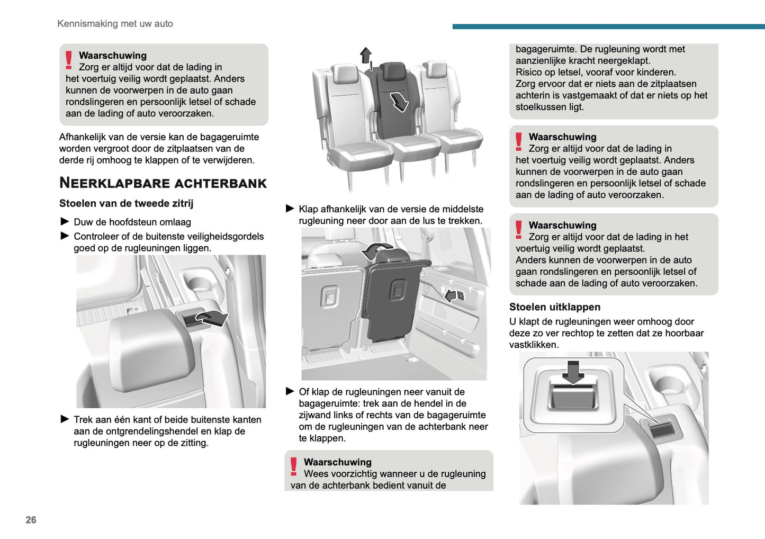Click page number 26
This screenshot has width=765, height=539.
click(31, 520)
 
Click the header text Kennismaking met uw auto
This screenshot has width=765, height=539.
click(115, 23)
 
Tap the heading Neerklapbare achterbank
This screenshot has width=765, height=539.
click(163, 183)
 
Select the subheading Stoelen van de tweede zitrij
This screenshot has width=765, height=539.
click(126, 203)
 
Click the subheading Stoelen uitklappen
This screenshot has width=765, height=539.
click(554, 307)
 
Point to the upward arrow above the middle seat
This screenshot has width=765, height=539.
click(366, 55)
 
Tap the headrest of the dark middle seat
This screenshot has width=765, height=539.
click(392, 71)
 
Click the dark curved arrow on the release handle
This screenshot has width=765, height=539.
click(212, 318)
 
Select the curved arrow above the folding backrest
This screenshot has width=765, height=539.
click(377, 250)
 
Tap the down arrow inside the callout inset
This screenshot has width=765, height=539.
click(573, 371)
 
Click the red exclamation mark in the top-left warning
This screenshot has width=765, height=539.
click(69, 60)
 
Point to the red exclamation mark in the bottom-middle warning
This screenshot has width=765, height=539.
click(294, 466)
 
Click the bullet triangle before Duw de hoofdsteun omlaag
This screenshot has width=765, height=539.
click(65, 222)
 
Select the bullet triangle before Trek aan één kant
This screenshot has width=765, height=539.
click(65, 419)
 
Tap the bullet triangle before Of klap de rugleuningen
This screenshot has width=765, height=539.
click(290, 392)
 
